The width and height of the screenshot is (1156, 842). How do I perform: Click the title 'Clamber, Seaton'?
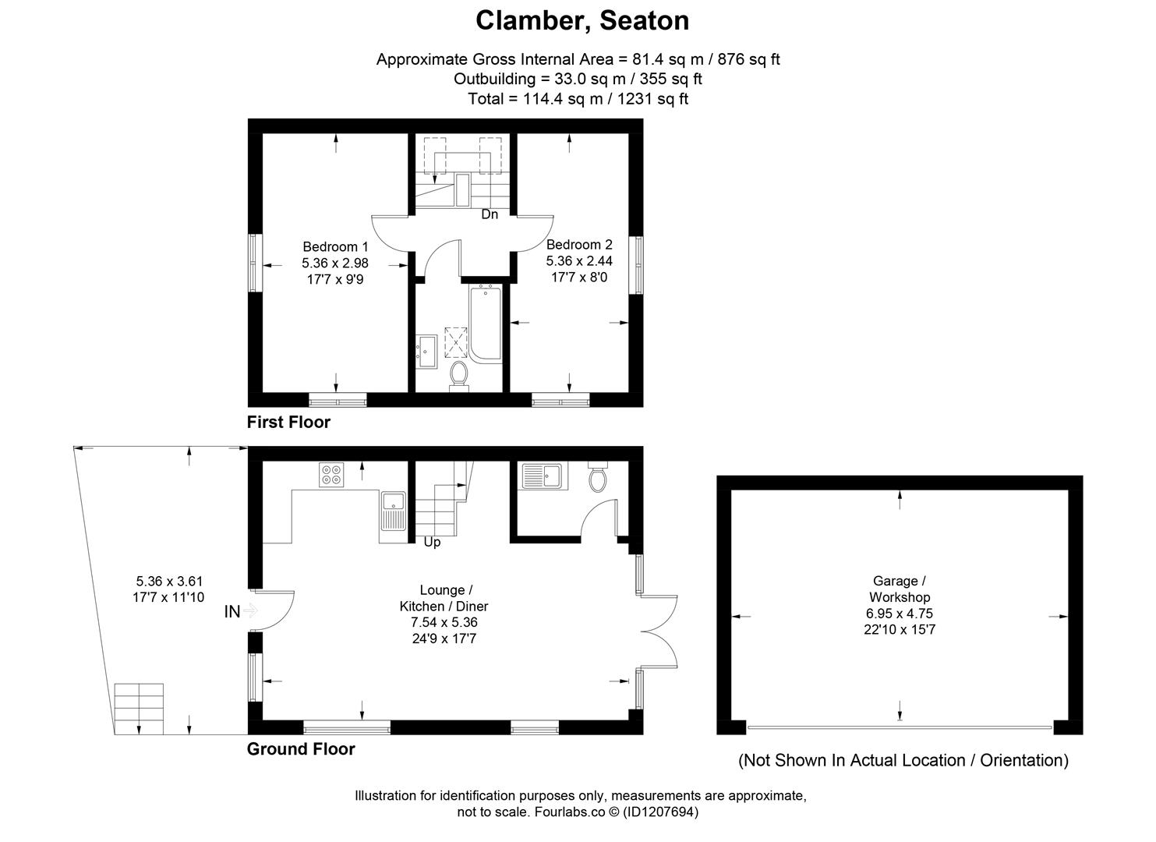click(582, 21)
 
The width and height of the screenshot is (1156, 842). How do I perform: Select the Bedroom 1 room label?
click(335, 245)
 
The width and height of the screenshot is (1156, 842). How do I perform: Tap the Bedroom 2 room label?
click(574, 244)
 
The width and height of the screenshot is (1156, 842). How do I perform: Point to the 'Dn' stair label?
click(489, 214)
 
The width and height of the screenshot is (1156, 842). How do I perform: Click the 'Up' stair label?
click(432, 542)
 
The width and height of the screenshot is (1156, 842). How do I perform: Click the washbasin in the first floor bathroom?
click(426, 351)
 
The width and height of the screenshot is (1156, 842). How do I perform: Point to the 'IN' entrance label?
click(232, 612)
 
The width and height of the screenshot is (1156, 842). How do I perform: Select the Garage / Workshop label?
click(900, 589)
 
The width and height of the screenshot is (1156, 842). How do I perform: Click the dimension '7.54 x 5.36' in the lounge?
click(444, 622)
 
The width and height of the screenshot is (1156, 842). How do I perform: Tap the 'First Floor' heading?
click(288, 423)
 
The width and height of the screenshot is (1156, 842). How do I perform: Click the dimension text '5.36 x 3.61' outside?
click(169, 581)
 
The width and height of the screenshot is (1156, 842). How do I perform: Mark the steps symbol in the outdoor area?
click(140, 709)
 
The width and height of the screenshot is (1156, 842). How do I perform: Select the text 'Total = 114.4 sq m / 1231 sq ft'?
click(578, 99)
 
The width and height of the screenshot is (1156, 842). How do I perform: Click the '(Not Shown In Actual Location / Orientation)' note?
click(903, 760)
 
